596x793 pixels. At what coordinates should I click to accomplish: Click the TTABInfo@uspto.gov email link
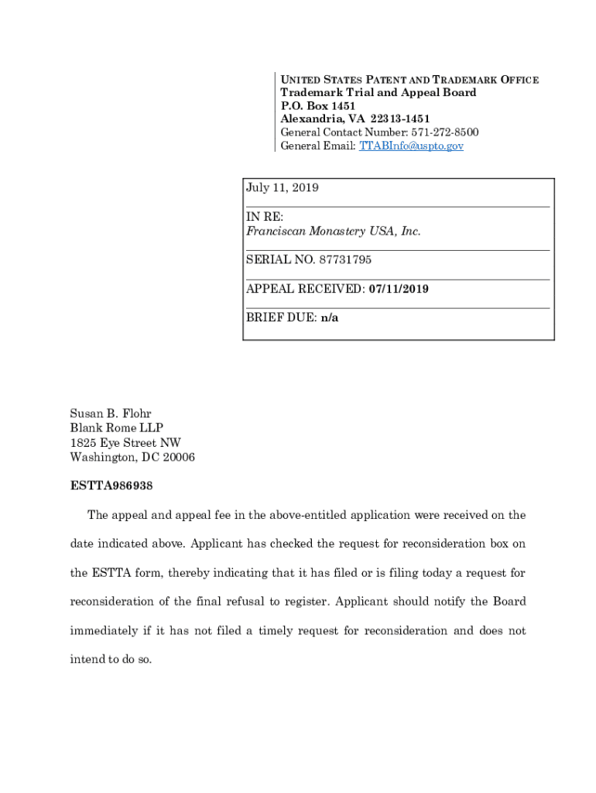coord(411,146)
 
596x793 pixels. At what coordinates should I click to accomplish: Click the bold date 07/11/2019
coord(399,290)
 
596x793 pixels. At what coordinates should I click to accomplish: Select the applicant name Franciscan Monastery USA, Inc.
coord(334,232)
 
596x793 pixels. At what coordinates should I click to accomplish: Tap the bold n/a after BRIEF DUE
coord(330,318)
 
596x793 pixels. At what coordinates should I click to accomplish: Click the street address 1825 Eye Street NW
coord(125,443)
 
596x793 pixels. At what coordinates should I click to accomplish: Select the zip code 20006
coord(177,458)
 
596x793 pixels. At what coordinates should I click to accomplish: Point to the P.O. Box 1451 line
coord(317,105)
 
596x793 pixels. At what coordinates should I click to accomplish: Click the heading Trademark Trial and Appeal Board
coord(378,92)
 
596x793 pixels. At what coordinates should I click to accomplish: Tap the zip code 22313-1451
coord(399,118)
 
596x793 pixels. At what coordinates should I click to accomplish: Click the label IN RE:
coord(265,217)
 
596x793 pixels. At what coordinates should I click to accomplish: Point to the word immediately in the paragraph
coord(108,631)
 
